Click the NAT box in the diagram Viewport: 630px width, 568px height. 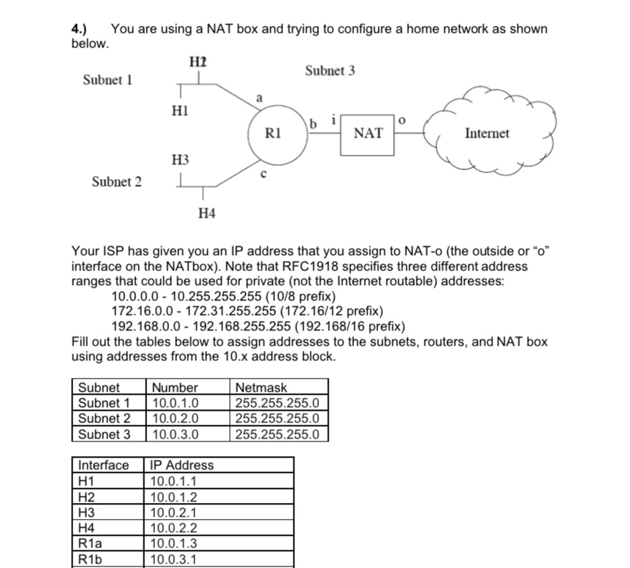(367, 133)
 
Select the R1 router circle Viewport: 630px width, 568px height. (274, 135)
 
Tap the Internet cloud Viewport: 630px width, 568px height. (487, 133)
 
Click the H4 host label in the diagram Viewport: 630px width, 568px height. (207, 213)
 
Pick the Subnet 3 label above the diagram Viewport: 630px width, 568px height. (330, 71)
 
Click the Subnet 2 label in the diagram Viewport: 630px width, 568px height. (116, 181)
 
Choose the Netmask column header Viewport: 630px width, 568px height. (262, 387)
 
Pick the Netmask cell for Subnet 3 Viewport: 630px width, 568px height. (278, 434)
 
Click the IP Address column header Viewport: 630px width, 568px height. (181, 465)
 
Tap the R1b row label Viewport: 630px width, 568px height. (89, 560)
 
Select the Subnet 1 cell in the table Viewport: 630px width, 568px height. (104, 403)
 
